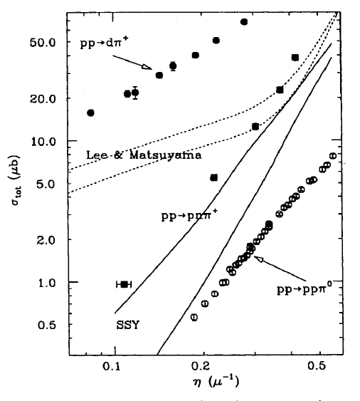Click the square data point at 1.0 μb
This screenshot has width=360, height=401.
(x=125, y=284)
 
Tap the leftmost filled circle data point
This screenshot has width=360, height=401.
(x=90, y=113)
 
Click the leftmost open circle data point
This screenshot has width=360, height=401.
(x=194, y=317)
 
